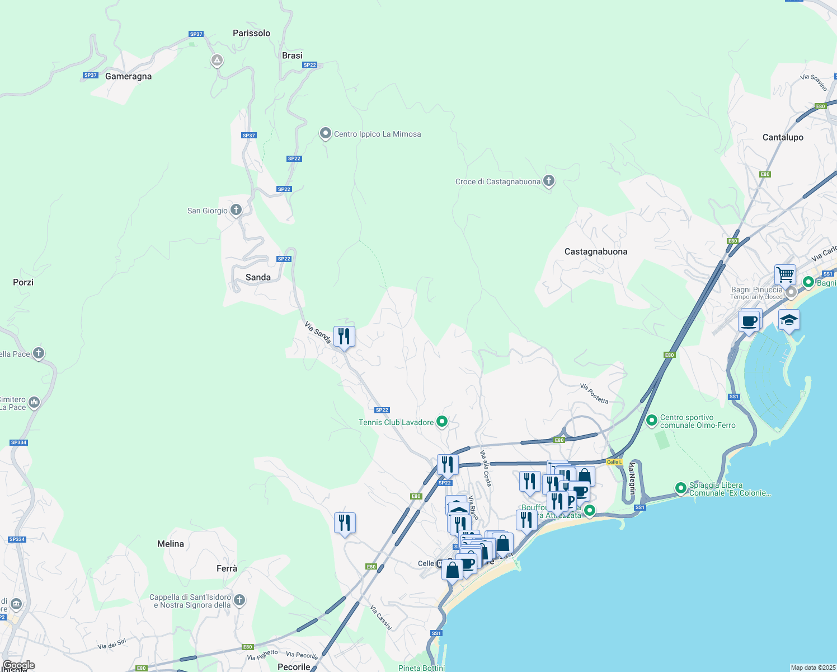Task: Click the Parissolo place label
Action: pos(251,33)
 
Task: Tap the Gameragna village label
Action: pos(128,76)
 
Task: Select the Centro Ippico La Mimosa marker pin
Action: pos(326,134)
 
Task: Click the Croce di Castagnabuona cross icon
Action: pos(549,181)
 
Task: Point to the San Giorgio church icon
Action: pos(236,210)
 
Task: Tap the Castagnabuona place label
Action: pos(596,251)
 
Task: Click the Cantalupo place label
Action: pos(783,137)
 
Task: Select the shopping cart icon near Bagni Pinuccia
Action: pos(786,275)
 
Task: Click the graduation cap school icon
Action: pos(789,320)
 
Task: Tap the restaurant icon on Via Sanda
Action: pos(344,337)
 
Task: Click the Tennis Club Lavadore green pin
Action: pos(442,422)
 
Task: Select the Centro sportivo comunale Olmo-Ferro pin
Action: pos(652,420)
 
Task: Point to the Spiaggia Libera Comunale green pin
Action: pos(681,488)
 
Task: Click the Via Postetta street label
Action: pos(594,394)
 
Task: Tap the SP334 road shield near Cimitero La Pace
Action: pos(18,442)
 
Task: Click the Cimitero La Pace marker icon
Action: pos(34,402)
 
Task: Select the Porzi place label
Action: pos(23,282)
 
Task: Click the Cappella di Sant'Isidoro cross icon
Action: pos(239,600)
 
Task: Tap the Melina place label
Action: pos(171,544)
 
